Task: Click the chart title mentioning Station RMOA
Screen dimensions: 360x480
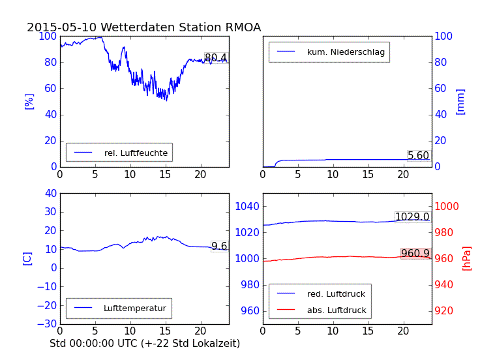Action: (x=143, y=27)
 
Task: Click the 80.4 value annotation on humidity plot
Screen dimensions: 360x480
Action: (x=216, y=58)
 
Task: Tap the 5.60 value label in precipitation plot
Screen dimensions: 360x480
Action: (x=418, y=156)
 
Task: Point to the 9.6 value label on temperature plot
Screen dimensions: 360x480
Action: (x=219, y=246)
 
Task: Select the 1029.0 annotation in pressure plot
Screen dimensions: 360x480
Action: (x=412, y=217)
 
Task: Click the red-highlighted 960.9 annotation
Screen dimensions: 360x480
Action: (x=415, y=253)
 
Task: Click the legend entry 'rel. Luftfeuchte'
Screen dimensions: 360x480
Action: (x=136, y=153)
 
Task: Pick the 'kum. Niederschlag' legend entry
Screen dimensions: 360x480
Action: (x=346, y=52)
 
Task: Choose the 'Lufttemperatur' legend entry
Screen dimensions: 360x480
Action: (x=134, y=308)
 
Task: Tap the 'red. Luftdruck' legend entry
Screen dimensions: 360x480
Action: (x=336, y=294)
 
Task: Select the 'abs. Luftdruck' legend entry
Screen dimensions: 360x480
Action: (x=337, y=310)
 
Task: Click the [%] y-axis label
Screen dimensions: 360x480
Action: (x=29, y=101)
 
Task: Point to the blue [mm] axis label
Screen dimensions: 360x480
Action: (x=460, y=101)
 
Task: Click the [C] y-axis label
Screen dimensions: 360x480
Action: (x=27, y=258)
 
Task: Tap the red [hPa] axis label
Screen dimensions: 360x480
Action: (x=467, y=258)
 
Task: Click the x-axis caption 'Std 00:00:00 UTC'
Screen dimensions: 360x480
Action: (x=139, y=342)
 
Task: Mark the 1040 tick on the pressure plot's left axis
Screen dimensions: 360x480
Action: (x=248, y=206)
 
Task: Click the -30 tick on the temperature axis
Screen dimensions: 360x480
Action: (x=47, y=324)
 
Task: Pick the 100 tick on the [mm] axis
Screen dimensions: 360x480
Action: (x=444, y=36)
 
